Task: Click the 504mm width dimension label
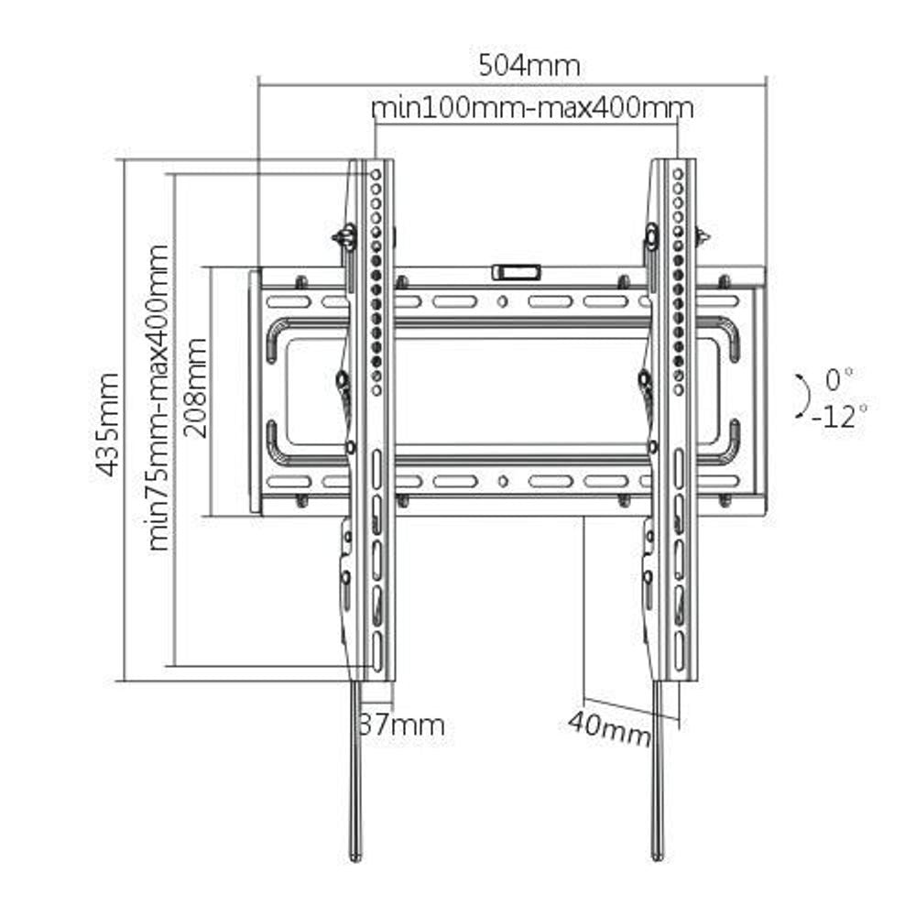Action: pos(529,66)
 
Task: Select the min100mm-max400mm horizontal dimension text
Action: pos(532,108)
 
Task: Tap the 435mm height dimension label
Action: pos(109,423)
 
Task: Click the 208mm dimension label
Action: pos(195,388)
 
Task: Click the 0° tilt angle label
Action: pos(838,377)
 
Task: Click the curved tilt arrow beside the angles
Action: pos(801,397)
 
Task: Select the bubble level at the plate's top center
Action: pos(517,272)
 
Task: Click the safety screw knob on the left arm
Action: pos(345,237)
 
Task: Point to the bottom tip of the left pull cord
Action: pos(355,856)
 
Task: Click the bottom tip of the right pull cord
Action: pos(657,856)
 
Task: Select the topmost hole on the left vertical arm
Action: pos(376,173)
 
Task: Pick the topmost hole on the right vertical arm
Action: pos(678,173)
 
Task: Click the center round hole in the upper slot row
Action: pos(502,301)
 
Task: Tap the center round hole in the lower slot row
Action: pos(502,481)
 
